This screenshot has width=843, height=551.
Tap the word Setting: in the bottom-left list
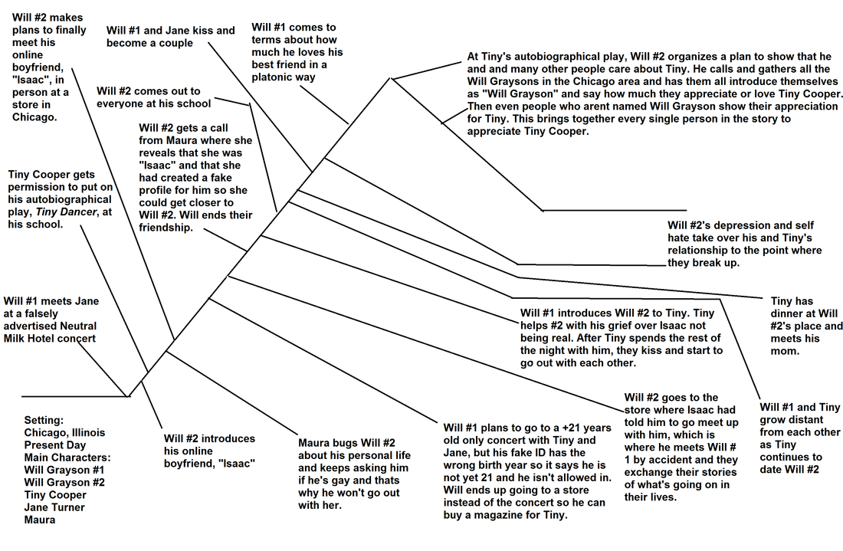click(x=45, y=421)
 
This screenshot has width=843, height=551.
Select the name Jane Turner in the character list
click(x=54, y=507)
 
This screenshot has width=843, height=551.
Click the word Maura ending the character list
click(x=40, y=519)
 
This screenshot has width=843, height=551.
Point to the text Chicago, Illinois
click(x=64, y=433)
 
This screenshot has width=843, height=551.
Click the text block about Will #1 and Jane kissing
click(x=170, y=37)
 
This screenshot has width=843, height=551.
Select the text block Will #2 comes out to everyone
click(x=153, y=97)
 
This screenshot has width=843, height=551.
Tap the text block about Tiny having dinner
click(x=806, y=326)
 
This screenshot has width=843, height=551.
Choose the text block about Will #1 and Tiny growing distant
click(x=799, y=438)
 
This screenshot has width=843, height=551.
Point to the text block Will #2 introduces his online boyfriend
click(x=209, y=451)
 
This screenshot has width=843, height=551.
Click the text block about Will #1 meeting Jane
click(x=52, y=319)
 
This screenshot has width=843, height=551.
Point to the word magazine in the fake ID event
click(x=520, y=514)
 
